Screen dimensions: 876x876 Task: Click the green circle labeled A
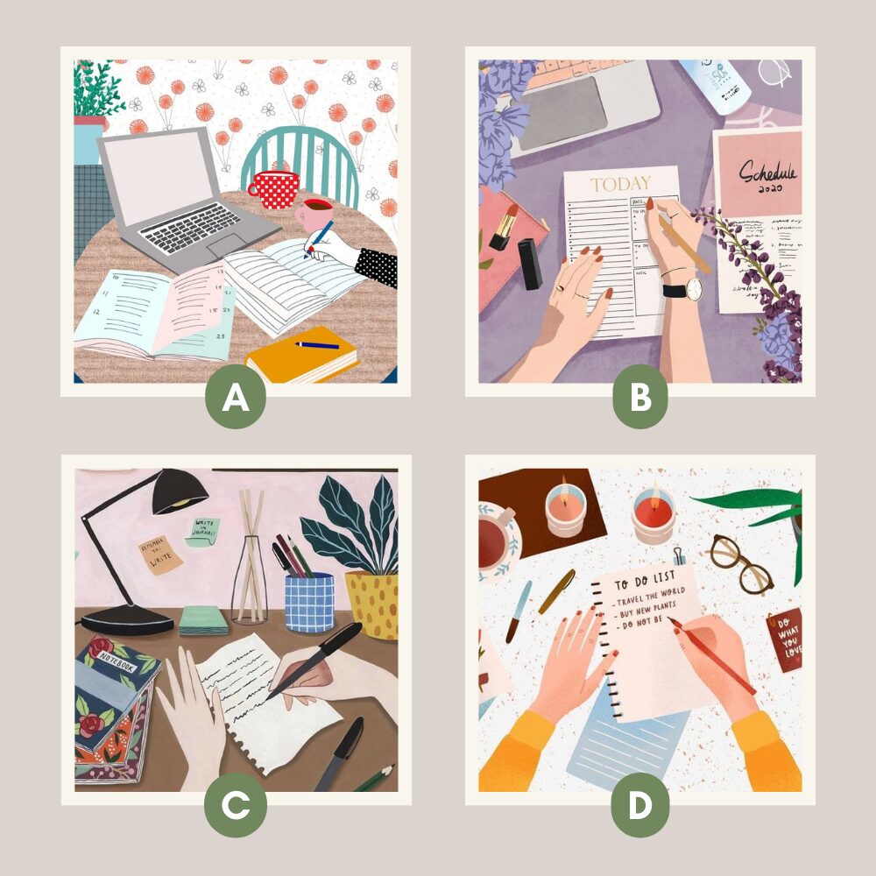(236, 399)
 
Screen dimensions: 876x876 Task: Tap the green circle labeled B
(640, 399)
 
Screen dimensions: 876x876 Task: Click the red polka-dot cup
(272, 189)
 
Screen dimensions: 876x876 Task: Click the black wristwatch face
(693, 289)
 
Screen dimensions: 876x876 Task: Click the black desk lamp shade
(180, 494)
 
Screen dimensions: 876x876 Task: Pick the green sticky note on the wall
(202, 531)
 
